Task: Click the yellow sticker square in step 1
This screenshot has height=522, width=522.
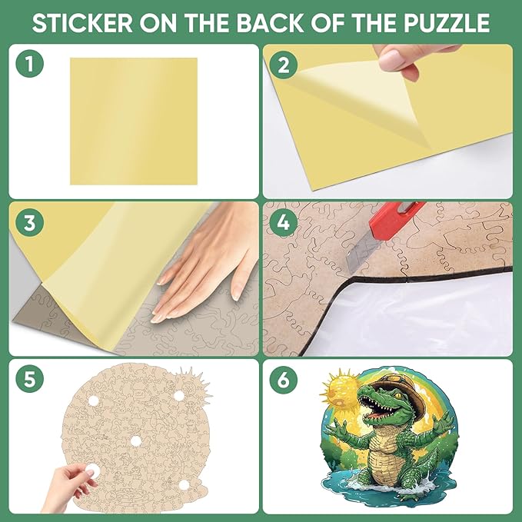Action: [x=134, y=121]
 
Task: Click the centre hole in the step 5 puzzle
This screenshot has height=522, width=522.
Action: [x=135, y=441]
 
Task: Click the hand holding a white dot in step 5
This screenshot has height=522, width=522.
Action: [x=73, y=483]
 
